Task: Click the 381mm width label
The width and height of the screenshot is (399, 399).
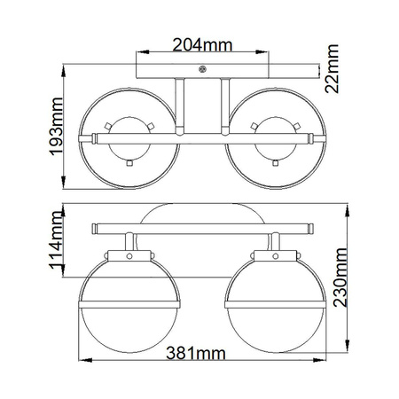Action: coord(193,353)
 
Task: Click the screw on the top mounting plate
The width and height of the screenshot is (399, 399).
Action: coord(204,70)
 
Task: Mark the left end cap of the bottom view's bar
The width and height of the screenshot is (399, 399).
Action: coord(94,229)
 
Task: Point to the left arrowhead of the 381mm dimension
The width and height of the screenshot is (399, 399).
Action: coord(85,360)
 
